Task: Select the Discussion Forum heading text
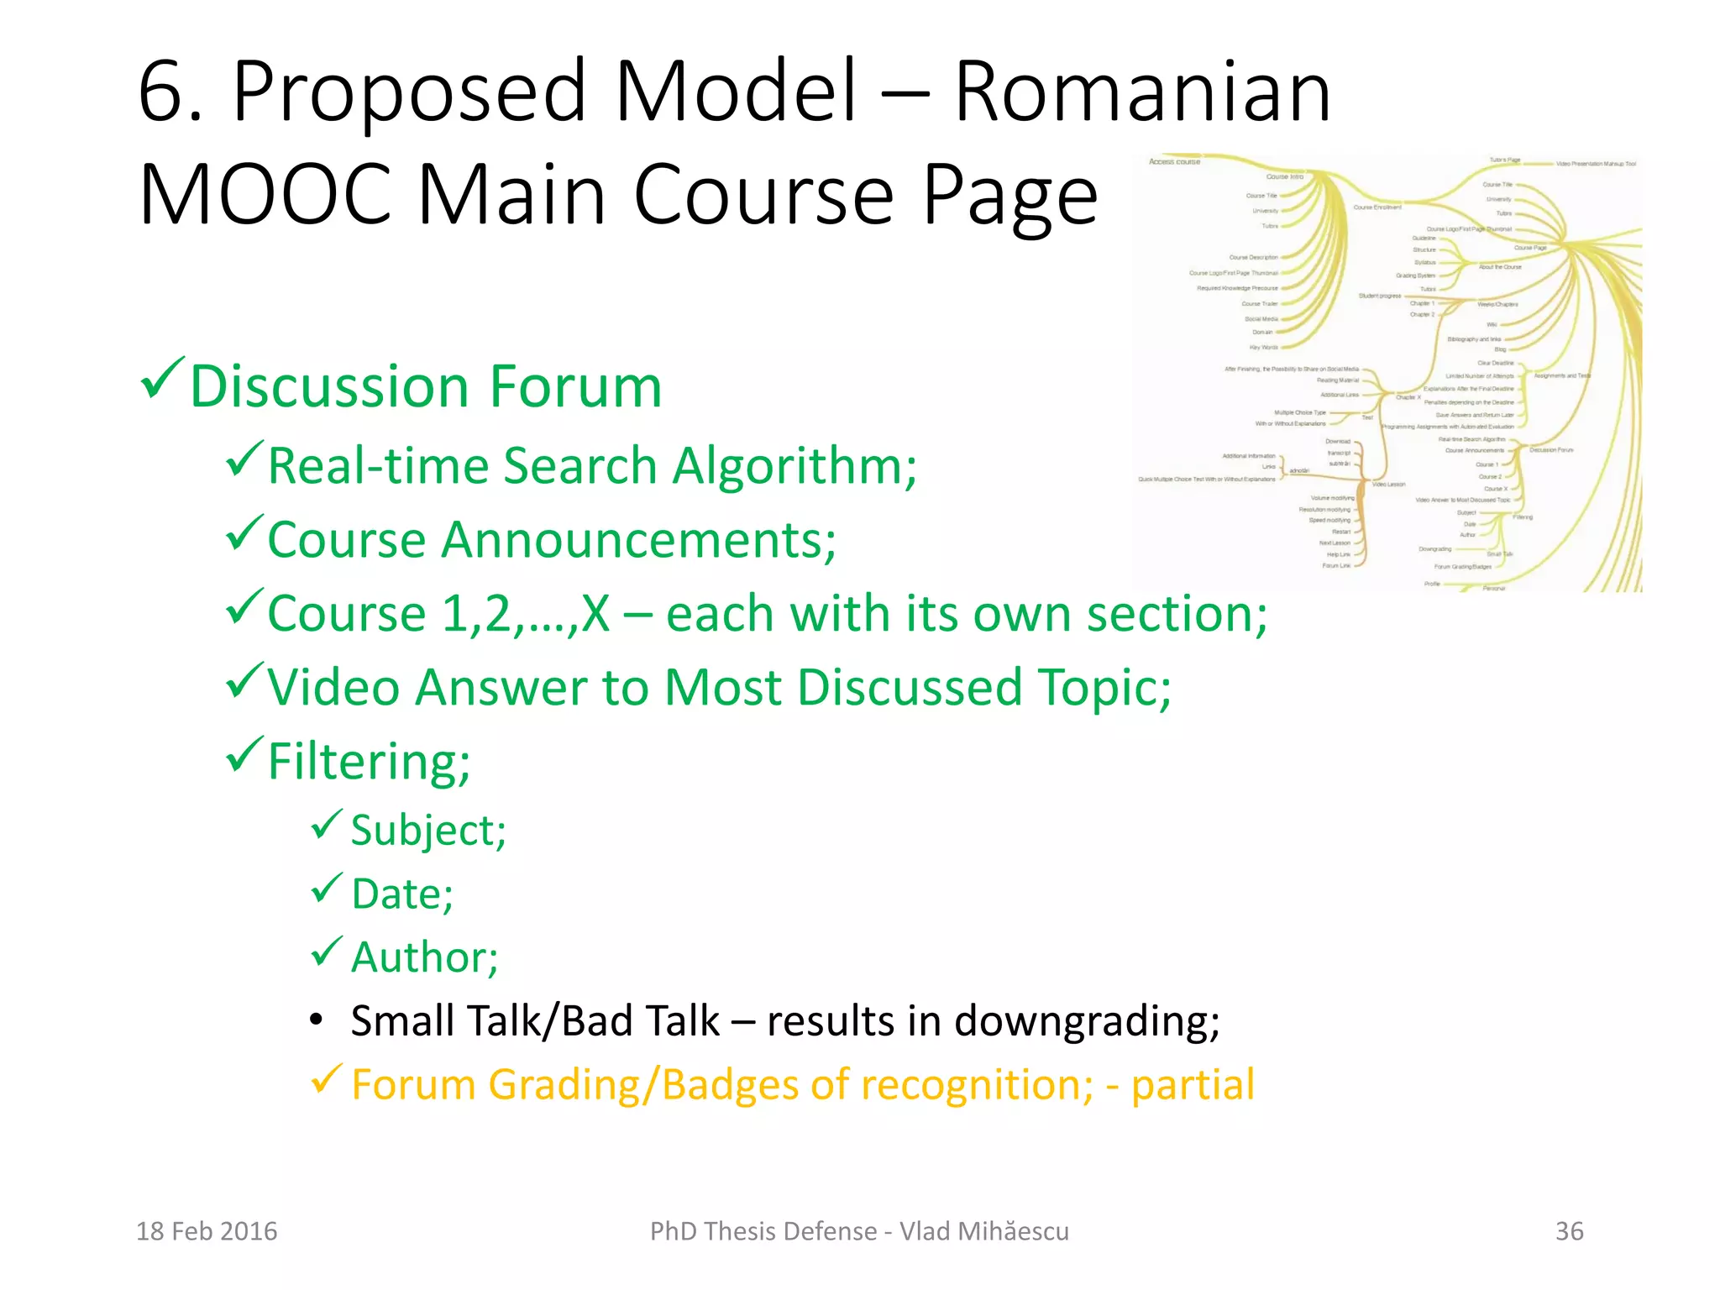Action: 426,386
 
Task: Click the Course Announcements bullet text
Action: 551,539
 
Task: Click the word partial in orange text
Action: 1193,1084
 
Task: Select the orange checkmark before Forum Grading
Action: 326,1078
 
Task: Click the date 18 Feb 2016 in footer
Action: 207,1231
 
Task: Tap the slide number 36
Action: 1569,1231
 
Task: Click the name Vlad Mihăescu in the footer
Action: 983,1231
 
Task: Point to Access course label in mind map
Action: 1174,161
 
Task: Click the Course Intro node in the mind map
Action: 1284,176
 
